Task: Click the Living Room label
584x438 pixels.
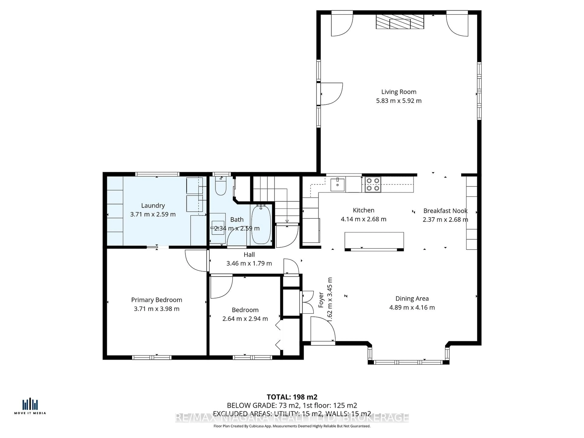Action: coord(399,92)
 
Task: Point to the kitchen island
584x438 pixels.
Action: coord(374,240)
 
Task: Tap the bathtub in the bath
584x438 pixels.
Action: coord(261,225)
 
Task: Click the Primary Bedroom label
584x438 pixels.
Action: coord(156,300)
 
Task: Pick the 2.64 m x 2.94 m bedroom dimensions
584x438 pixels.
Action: coord(245,319)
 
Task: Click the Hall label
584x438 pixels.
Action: coord(249,254)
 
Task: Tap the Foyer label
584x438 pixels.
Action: coord(321,300)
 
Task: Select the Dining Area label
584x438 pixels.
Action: coord(412,299)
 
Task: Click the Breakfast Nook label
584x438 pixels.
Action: coord(445,211)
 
